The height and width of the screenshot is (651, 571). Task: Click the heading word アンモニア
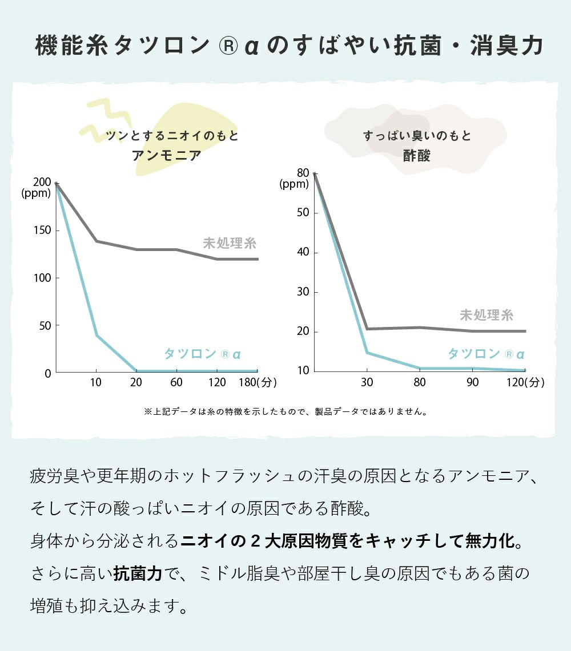pyautogui.click(x=167, y=155)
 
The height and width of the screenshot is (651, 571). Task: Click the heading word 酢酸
pyautogui.click(x=417, y=155)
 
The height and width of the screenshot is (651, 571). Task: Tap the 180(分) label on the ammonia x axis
pyautogui.click(x=257, y=382)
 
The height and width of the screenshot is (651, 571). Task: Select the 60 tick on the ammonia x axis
pyautogui.click(x=176, y=382)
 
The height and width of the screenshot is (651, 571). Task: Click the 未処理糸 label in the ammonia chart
pyautogui.click(x=230, y=244)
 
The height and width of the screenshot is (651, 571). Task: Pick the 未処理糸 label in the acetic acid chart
pyautogui.click(x=486, y=315)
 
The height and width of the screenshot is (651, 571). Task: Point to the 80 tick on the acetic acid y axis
pyautogui.click(x=303, y=173)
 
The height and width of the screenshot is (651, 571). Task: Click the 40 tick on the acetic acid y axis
pyautogui.click(x=303, y=252)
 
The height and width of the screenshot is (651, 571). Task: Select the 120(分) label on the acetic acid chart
pyautogui.click(x=526, y=382)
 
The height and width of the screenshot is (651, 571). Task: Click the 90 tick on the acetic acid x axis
pyautogui.click(x=472, y=382)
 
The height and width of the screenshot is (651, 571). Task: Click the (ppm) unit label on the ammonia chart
pyautogui.click(x=36, y=193)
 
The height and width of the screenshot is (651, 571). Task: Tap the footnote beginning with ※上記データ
pyautogui.click(x=285, y=411)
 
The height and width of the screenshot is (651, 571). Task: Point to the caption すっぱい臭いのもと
pyautogui.click(x=417, y=136)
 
